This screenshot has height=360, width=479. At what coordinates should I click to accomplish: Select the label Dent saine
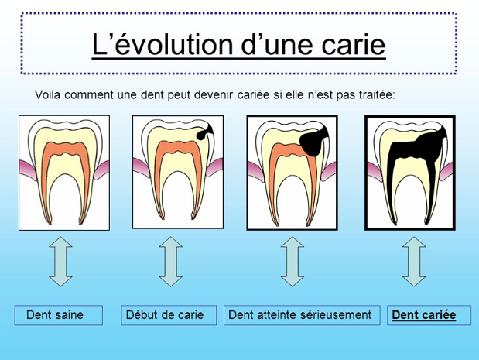click(55, 315)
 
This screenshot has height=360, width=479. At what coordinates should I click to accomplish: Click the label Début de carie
click(165, 315)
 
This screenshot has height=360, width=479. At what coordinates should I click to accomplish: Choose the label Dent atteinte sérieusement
click(300, 315)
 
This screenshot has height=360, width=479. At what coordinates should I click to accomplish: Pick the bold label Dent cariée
click(424, 315)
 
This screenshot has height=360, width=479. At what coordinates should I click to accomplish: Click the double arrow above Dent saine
click(60, 262)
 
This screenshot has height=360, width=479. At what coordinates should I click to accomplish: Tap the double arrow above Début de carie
click(171, 262)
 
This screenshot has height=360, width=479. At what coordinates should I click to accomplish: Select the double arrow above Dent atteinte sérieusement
click(293, 262)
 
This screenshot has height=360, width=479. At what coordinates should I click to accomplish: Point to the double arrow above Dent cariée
click(414, 262)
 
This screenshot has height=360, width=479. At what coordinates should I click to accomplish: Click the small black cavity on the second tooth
click(204, 132)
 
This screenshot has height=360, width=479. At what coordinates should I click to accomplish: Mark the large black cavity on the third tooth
click(312, 142)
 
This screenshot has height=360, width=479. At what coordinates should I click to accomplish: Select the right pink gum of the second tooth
click(214, 167)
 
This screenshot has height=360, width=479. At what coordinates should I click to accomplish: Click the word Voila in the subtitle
click(48, 94)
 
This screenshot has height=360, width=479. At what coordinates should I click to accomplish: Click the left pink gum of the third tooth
click(256, 172)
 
